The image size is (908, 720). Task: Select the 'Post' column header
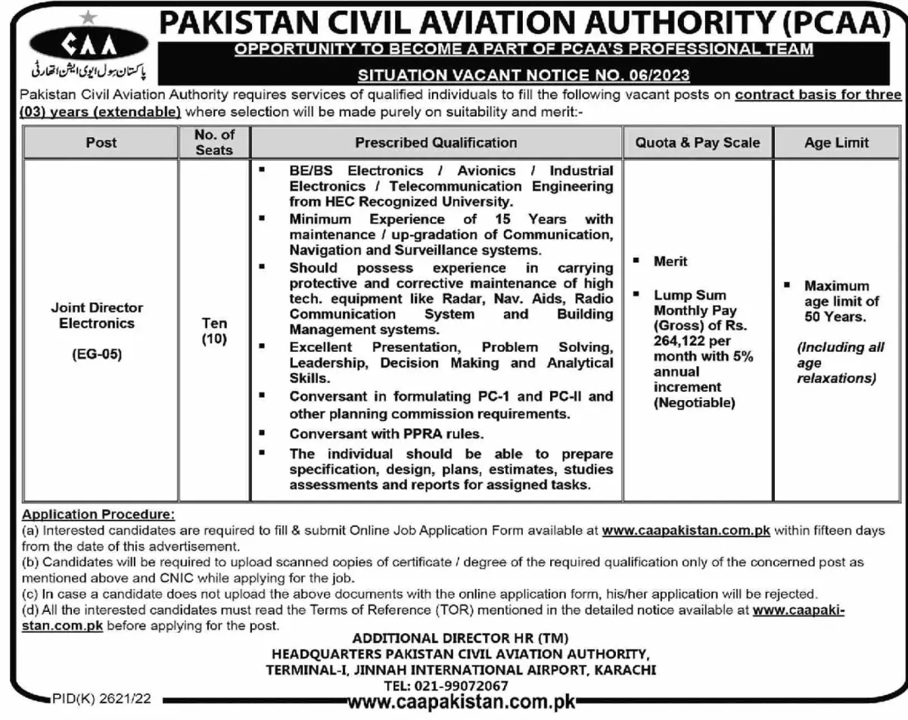[101, 142]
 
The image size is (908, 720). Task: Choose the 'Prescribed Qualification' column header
[436, 142]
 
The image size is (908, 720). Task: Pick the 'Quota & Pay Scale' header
[698, 142]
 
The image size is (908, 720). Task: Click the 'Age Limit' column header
[836, 142]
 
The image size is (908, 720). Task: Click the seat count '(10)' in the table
[214, 340]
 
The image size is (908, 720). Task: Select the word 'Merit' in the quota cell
[670, 261]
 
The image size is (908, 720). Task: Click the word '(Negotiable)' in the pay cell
[694, 403]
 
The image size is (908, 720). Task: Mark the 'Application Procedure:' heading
[98, 515]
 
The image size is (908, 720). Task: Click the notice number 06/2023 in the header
[661, 75]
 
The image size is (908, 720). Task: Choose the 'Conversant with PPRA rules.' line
[386, 434]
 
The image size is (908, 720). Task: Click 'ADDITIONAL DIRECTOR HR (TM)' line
[460, 638]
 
